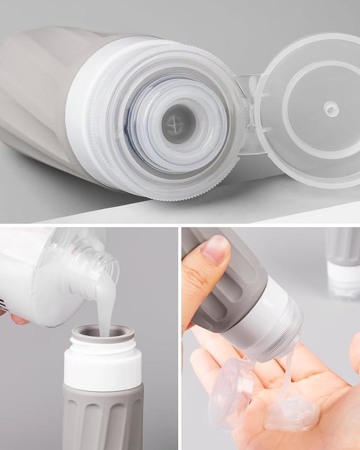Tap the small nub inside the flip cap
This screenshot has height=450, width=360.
[331, 109]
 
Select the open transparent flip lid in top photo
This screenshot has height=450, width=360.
[313, 106]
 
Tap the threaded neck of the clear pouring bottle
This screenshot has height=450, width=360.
[103, 260]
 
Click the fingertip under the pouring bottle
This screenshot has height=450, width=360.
[19, 319]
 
